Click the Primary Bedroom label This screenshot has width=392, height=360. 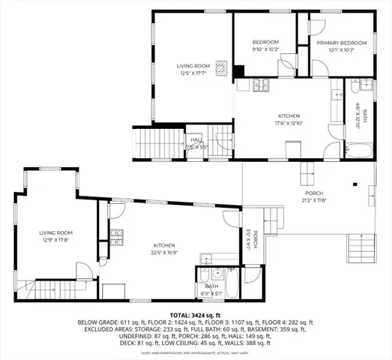click(x=341, y=43)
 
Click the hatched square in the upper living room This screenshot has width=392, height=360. click(x=223, y=68)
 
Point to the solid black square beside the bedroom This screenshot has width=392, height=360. click(x=238, y=72)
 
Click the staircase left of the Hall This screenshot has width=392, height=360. click(x=158, y=142)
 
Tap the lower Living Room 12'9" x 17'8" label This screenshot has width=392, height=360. click(x=55, y=237)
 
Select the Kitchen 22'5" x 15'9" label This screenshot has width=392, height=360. click(x=165, y=249)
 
